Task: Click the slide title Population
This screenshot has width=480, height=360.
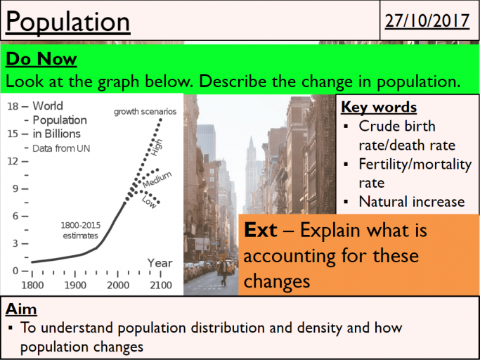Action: [67, 22]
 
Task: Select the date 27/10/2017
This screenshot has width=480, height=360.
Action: [427, 20]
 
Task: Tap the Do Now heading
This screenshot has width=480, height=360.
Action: [40, 59]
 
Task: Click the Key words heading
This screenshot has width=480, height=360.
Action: [379, 107]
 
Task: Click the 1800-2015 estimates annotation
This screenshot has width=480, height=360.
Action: [80, 230]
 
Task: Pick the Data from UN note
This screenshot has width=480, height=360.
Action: [61, 148]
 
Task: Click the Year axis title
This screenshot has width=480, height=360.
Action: [160, 263]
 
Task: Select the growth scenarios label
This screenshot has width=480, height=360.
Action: [145, 112]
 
